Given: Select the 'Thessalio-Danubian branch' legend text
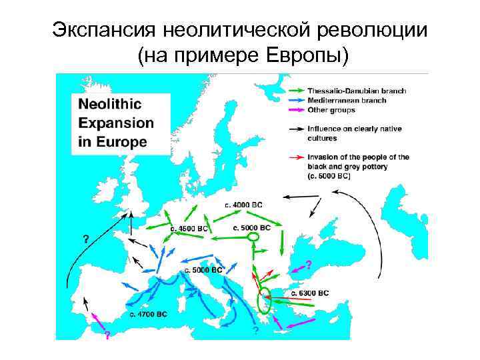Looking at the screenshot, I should (x=357, y=91).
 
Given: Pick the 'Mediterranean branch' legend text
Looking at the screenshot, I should (x=347, y=101).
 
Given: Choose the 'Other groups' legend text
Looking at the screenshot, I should (x=331, y=110).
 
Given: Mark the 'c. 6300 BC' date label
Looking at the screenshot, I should (x=310, y=293).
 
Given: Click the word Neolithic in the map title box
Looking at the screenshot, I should (x=110, y=105).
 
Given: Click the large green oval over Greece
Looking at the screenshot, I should (x=265, y=301).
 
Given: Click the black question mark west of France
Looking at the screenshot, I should (x=85, y=237).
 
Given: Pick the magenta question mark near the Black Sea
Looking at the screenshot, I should (x=308, y=263).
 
